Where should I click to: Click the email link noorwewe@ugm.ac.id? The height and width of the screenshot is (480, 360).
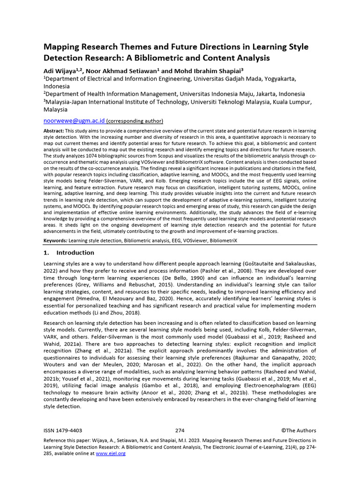[74, 120]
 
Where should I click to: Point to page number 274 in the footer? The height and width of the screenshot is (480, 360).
[180, 430]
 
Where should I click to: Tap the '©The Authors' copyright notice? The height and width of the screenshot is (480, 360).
[299, 430]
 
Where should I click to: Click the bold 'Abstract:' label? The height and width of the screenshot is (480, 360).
[53, 131]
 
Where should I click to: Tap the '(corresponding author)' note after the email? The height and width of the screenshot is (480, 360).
[135, 120]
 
